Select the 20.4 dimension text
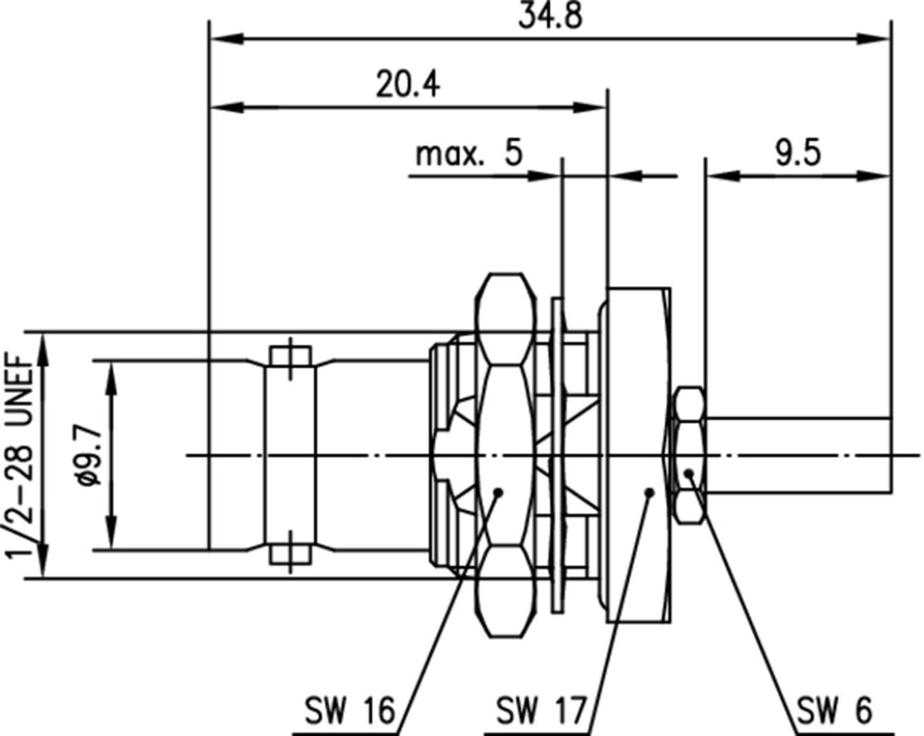coord(407,84)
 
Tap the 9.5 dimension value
coord(798,152)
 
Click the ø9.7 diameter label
coord(88,456)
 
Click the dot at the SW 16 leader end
coord(499,491)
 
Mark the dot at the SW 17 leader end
coord(649,491)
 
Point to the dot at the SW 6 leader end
coord(689,473)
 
